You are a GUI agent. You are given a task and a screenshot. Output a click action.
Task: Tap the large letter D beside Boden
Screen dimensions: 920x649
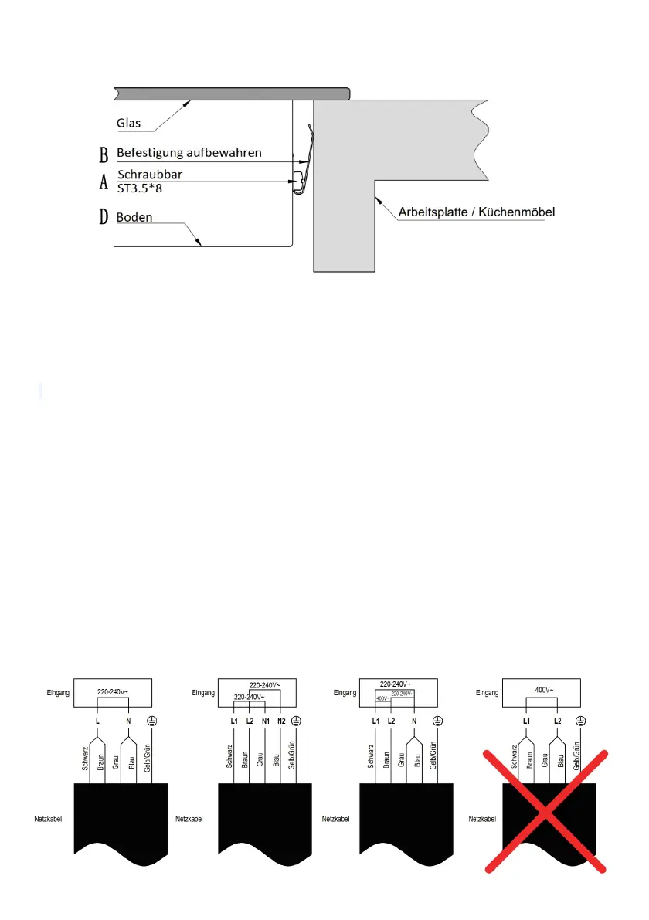[x=104, y=218]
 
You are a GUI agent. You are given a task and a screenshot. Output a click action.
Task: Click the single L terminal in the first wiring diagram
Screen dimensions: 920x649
[x=97, y=720]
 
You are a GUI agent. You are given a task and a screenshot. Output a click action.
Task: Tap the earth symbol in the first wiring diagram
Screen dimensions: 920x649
[x=153, y=720]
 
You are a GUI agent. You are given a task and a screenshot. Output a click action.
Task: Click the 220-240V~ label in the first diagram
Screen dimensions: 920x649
[x=113, y=692]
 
